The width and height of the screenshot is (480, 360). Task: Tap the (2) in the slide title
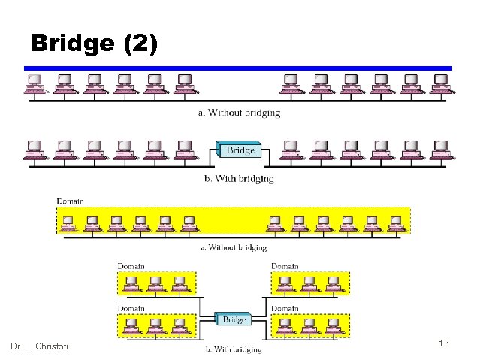point(139,44)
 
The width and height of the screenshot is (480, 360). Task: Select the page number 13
point(443,343)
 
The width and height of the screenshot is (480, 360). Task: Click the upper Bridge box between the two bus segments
point(240,150)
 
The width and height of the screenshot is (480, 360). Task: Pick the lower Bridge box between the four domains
point(234,319)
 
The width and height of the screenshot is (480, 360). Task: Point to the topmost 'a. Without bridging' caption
point(239,113)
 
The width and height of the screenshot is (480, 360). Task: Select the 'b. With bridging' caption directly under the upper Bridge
point(239,179)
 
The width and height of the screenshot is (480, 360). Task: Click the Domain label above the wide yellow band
point(71,201)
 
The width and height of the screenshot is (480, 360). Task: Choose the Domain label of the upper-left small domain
point(131,266)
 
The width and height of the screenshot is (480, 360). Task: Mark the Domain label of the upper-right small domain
point(285,266)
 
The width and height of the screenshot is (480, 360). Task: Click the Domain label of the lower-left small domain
point(131,308)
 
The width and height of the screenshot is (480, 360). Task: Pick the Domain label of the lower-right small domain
point(285,308)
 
